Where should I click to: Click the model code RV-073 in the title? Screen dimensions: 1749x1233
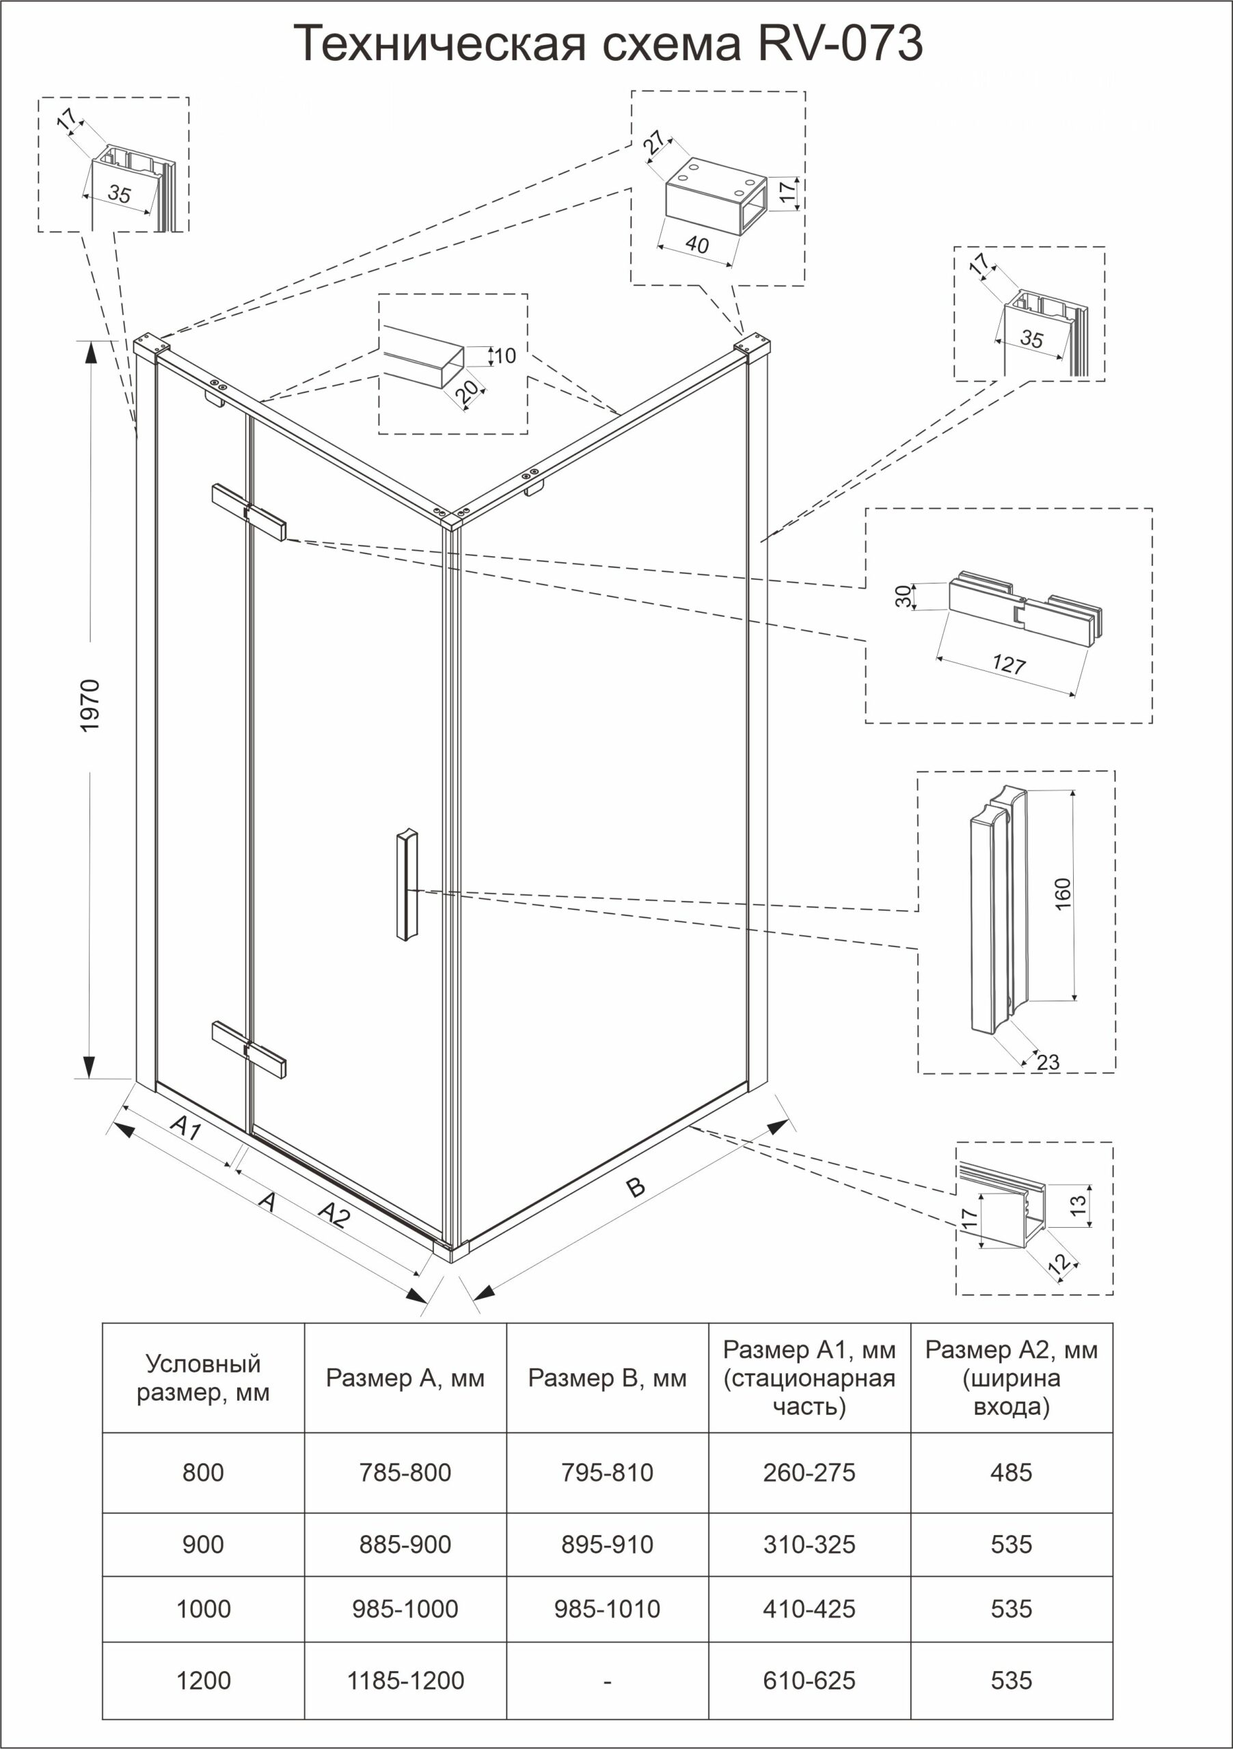point(840,44)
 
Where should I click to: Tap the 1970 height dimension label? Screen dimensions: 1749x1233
point(90,705)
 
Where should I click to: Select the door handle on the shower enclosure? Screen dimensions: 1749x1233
point(407,883)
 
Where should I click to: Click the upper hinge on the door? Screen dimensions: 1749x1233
point(249,512)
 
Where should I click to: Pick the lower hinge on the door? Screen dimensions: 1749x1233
point(249,1049)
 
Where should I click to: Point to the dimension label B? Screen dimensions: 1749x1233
point(635,1186)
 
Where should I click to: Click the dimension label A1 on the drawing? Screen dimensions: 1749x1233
point(185,1127)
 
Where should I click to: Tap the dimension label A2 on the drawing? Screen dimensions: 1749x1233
point(334,1214)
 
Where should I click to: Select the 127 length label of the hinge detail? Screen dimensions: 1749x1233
point(1008,664)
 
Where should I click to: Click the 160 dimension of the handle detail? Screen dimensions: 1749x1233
point(1063,894)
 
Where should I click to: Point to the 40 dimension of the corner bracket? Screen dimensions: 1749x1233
point(696,245)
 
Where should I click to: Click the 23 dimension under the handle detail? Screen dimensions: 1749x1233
point(1048,1062)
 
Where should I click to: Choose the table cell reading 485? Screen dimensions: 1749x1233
point(1012,1472)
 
